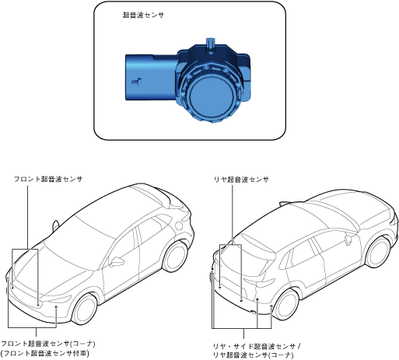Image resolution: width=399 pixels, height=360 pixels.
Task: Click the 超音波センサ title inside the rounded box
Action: tap(143, 15)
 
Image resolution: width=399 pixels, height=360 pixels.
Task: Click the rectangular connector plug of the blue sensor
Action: tap(150, 77)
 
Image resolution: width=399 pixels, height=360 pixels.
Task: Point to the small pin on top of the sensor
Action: tap(210, 45)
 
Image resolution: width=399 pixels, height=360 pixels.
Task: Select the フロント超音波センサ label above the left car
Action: tap(48, 179)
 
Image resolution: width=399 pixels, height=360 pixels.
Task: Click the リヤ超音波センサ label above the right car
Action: tap(241, 180)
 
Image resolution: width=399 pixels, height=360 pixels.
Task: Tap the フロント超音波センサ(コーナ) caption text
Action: tap(48, 344)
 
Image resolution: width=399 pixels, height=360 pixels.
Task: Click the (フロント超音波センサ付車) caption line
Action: tap(45, 353)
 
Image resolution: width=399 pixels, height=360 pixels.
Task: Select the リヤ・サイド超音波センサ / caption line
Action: tap(257, 346)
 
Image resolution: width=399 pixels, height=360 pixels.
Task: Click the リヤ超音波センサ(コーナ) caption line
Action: tap(253, 355)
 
